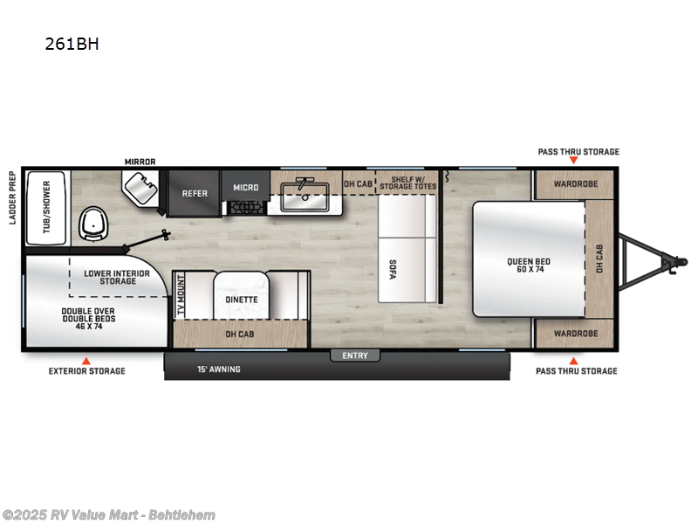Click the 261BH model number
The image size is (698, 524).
72,44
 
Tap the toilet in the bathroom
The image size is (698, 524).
93,224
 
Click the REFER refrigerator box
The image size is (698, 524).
195,193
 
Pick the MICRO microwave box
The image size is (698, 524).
245,187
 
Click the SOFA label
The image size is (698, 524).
392,270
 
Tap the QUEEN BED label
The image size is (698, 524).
529,265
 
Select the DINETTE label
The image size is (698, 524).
242,300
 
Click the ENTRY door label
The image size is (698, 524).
355,355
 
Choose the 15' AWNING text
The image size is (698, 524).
220,369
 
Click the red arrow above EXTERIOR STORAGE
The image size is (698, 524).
86,360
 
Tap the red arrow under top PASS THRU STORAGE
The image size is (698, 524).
573,162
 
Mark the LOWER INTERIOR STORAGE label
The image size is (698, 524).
117,277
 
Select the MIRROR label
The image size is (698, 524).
140,162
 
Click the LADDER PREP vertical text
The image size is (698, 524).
12,197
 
